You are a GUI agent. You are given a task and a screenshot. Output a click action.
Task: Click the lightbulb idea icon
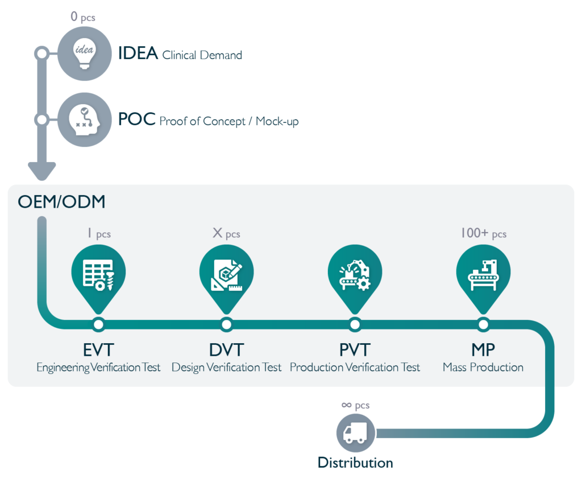(x=85, y=53)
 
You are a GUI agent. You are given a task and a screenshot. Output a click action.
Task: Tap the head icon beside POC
(x=85, y=120)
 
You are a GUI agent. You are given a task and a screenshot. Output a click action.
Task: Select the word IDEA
(x=138, y=53)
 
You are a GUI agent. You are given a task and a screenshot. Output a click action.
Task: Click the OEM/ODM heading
(x=61, y=202)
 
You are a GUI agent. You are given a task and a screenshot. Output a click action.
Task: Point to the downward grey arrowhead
(x=42, y=171)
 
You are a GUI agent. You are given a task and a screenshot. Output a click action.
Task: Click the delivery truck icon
(x=356, y=433)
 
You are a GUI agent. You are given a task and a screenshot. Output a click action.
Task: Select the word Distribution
(x=355, y=463)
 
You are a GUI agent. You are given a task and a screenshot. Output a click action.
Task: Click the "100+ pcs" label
(x=484, y=233)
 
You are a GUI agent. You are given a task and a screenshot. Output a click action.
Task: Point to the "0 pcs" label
(x=83, y=17)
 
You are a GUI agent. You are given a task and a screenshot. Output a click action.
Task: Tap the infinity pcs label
(x=355, y=405)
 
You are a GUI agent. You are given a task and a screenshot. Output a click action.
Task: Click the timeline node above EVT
(x=98, y=324)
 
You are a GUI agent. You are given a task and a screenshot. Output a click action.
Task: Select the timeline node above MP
(x=483, y=324)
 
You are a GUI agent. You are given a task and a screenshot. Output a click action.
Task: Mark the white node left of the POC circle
(x=42, y=120)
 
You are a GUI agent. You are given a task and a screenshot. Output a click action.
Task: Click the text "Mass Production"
(x=483, y=367)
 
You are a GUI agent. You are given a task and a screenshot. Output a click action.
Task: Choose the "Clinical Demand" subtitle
(x=202, y=55)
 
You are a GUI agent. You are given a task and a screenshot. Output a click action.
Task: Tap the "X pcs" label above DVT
(x=226, y=233)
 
